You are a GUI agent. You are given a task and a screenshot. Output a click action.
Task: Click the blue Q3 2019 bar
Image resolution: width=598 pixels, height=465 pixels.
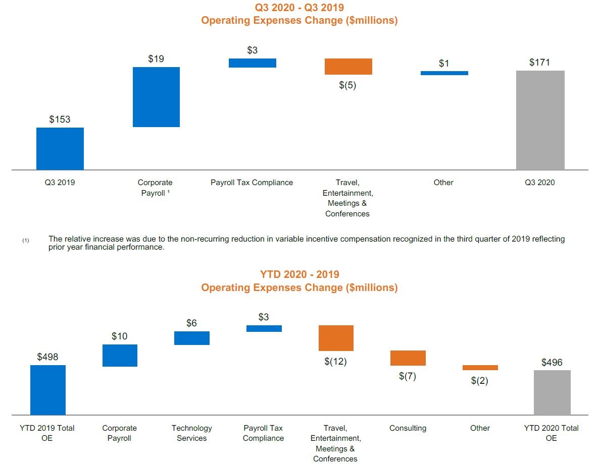(60, 148)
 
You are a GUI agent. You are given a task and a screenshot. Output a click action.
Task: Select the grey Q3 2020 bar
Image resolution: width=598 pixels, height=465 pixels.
(540, 120)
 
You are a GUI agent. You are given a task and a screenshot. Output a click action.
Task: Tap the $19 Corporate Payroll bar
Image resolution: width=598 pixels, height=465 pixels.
(156, 97)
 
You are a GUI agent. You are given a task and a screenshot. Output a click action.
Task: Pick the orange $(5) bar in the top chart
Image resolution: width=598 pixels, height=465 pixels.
(348, 67)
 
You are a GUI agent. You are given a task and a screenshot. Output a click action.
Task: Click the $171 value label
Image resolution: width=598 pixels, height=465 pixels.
(539, 63)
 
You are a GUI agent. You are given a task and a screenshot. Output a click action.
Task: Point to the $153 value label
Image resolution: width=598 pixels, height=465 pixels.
(60, 120)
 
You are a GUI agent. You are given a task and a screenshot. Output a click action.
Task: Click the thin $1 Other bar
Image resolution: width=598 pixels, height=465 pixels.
(444, 73)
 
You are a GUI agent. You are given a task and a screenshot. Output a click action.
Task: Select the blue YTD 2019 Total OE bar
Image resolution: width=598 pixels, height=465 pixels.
(48, 389)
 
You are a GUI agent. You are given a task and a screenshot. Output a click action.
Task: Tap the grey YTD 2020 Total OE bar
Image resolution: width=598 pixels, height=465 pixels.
(552, 392)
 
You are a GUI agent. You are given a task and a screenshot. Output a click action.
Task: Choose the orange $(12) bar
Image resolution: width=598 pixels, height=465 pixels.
(336, 338)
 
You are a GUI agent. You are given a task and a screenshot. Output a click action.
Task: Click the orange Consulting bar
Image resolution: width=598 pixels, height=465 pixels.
(408, 358)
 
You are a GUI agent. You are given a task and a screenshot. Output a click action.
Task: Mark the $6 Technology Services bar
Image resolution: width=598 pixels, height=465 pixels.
(192, 338)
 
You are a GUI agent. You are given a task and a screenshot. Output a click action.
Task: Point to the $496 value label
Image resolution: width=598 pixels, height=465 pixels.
(552, 362)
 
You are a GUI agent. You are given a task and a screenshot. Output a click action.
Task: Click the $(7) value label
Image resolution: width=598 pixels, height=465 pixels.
(408, 376)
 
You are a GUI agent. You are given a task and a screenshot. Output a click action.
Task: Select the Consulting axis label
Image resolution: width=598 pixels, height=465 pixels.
(408, 428)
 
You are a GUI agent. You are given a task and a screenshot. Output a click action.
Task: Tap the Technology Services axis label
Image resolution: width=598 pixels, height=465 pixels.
(192, 433)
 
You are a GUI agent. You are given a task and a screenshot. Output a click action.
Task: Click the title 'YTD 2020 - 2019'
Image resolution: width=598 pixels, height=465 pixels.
(299, 274)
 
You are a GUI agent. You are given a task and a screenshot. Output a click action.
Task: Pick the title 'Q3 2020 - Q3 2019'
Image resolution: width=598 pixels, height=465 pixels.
(299, 8)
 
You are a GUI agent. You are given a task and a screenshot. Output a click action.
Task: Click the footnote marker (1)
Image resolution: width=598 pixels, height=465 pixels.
(26, 241)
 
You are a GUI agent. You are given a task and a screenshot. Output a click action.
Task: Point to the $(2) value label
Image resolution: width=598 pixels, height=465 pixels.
(479, 381)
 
